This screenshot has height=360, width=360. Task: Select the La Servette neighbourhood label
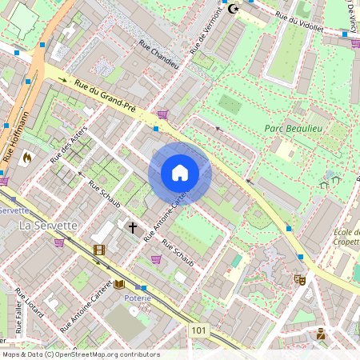[48, 226]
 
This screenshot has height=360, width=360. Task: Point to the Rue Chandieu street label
[158, 54]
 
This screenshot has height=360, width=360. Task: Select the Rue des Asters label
[69, 147]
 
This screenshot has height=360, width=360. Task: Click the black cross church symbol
[133, 228]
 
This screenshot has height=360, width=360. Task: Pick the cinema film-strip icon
[98, 250]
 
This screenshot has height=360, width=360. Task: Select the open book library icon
[119, 284]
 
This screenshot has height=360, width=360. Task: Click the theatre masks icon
[301, 280]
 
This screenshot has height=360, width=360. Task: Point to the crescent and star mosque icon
[234, 9]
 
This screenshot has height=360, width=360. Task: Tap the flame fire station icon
[27, 158]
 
